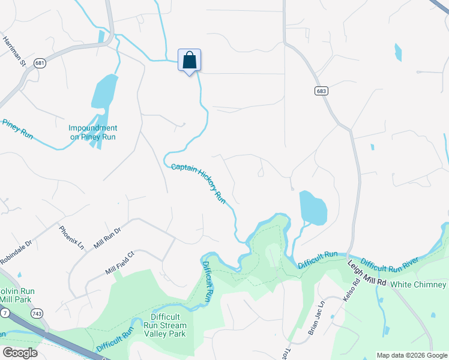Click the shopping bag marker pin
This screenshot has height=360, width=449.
point(189,61)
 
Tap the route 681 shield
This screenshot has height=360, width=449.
point(40,63)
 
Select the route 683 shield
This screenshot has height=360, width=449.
point(321,91)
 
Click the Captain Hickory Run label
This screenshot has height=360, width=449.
point(198,182)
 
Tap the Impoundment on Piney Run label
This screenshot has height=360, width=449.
point(92,133)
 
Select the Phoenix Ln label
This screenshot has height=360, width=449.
point(71,236)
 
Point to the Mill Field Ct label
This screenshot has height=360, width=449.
point(119,263)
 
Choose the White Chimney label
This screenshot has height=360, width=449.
point(421,284)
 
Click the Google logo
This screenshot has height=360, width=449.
point(19,353)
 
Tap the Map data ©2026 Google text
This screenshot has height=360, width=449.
point(411,355)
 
